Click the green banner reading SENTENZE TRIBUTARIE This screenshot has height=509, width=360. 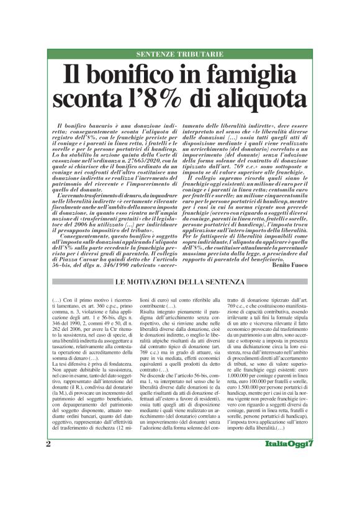(179, 55)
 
